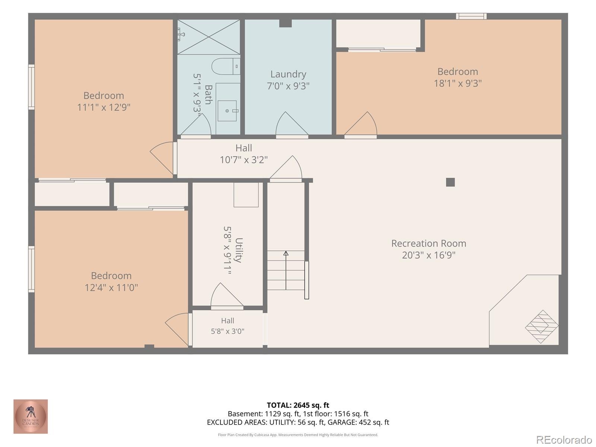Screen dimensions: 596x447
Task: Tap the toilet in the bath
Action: [x=226, y=66]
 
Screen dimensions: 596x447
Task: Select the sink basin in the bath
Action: [x=227, y=111]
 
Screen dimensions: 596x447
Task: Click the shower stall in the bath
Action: [x=209, y=37]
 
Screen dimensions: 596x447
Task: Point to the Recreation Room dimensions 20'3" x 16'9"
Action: [x=428, y=255]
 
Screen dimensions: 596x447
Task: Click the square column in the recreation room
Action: [x=450, y=182]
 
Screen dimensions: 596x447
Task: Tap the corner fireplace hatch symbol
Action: [x=541, y=327]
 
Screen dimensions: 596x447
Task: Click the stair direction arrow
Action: [x=286, y=270]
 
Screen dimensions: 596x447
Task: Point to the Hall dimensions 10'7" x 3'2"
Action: [x=244, y=160]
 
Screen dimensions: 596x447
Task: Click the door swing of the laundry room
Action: [x=292, y=124]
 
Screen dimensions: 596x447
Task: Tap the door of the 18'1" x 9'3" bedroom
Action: [x=361, y=124]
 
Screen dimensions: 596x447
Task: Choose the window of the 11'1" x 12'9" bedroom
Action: [x=32, y=87]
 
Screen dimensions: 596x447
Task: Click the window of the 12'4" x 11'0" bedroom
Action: [x=32, y=269]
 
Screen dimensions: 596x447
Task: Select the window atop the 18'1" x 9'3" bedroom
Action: [x=471, y=16]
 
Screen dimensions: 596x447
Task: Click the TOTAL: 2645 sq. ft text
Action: [x=298, y=405]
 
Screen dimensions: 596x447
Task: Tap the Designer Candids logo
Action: [x=31, y=416]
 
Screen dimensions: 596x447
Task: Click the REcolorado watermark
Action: [x=564, y=440]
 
